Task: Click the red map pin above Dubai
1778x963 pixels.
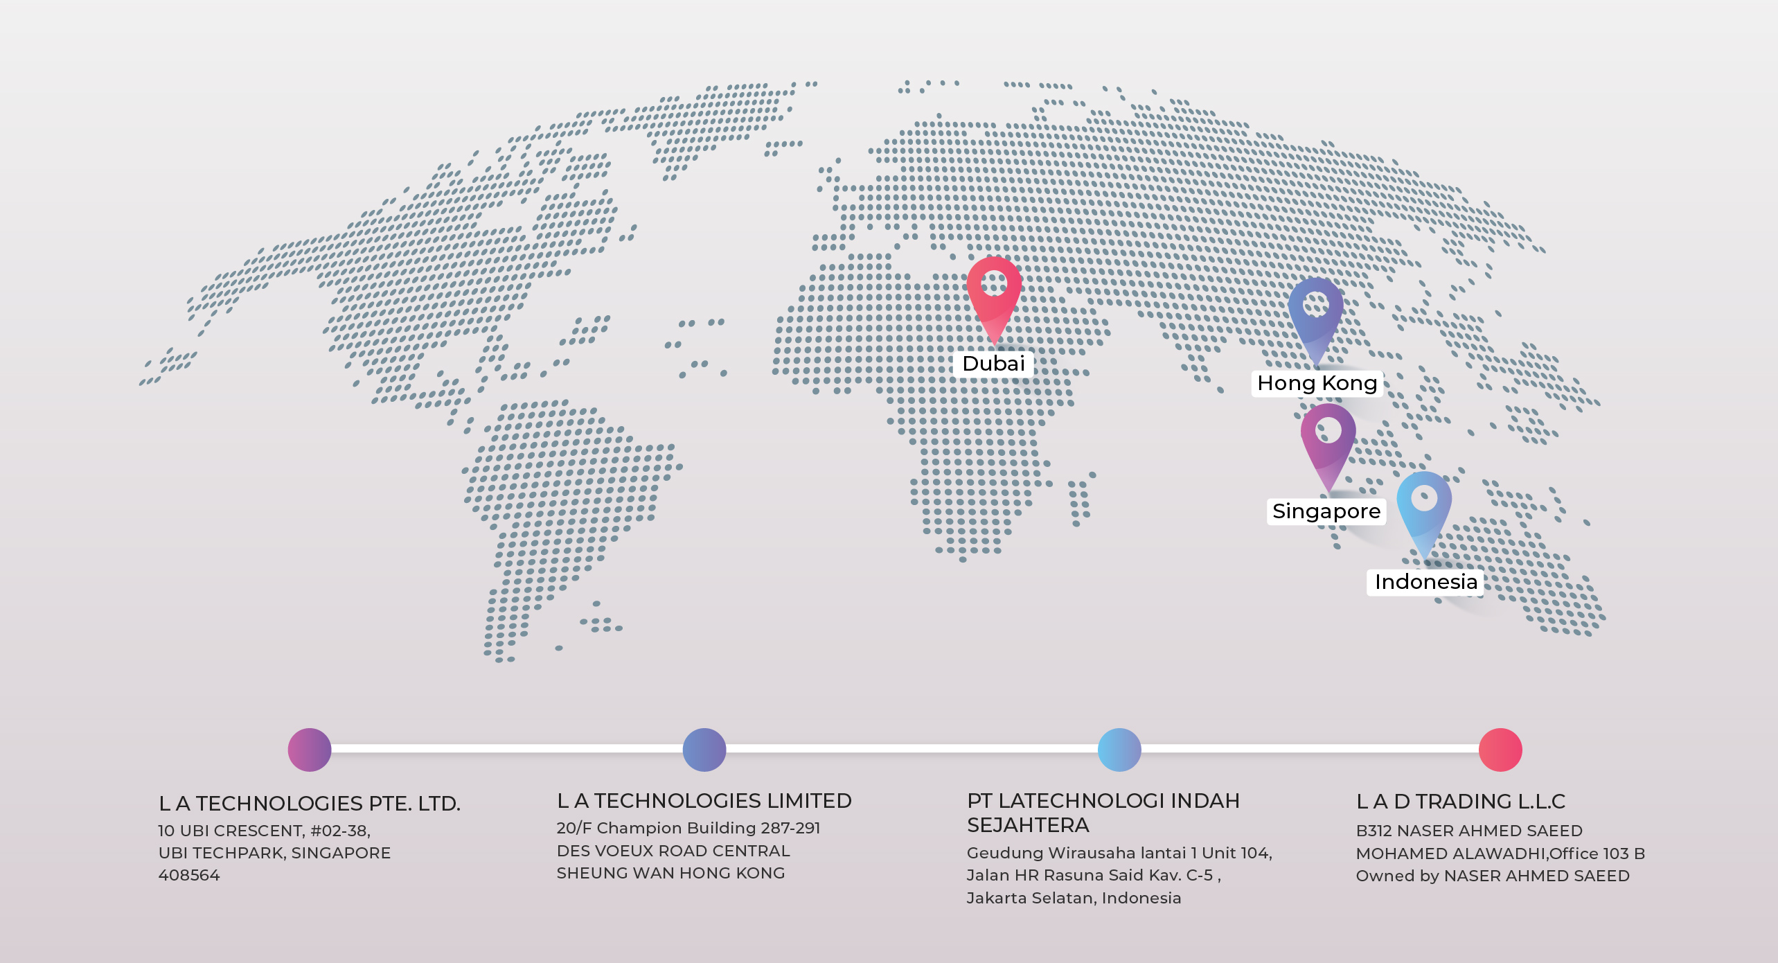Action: click(994, 294)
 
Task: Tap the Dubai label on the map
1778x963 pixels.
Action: click(993, 364)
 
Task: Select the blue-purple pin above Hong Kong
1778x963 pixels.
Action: click(1315, 315)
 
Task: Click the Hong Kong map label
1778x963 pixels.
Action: click(1317, 383)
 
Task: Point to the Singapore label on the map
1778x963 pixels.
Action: click(1326, 511)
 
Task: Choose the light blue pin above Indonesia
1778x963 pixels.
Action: click(1423, 509)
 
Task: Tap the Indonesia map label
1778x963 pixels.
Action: click(1425, 582)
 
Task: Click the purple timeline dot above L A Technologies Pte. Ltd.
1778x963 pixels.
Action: click(310, 750)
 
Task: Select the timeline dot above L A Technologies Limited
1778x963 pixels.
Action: click(704, 750)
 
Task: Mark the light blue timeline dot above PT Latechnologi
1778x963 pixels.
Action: click(1119, 750)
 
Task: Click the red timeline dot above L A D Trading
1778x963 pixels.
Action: click(1500, 750)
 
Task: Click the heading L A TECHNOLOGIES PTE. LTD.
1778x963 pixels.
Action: click(310, 804)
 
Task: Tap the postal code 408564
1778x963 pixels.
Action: click(189, 876)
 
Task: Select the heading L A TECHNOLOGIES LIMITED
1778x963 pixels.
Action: click(704, 801)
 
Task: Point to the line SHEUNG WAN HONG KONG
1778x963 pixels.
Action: click(670, 874)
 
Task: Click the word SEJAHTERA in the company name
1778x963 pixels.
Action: click(1028, 826)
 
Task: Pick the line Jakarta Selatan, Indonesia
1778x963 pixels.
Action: click(1074, 899)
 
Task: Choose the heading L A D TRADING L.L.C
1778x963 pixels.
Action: click(1460, 802)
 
